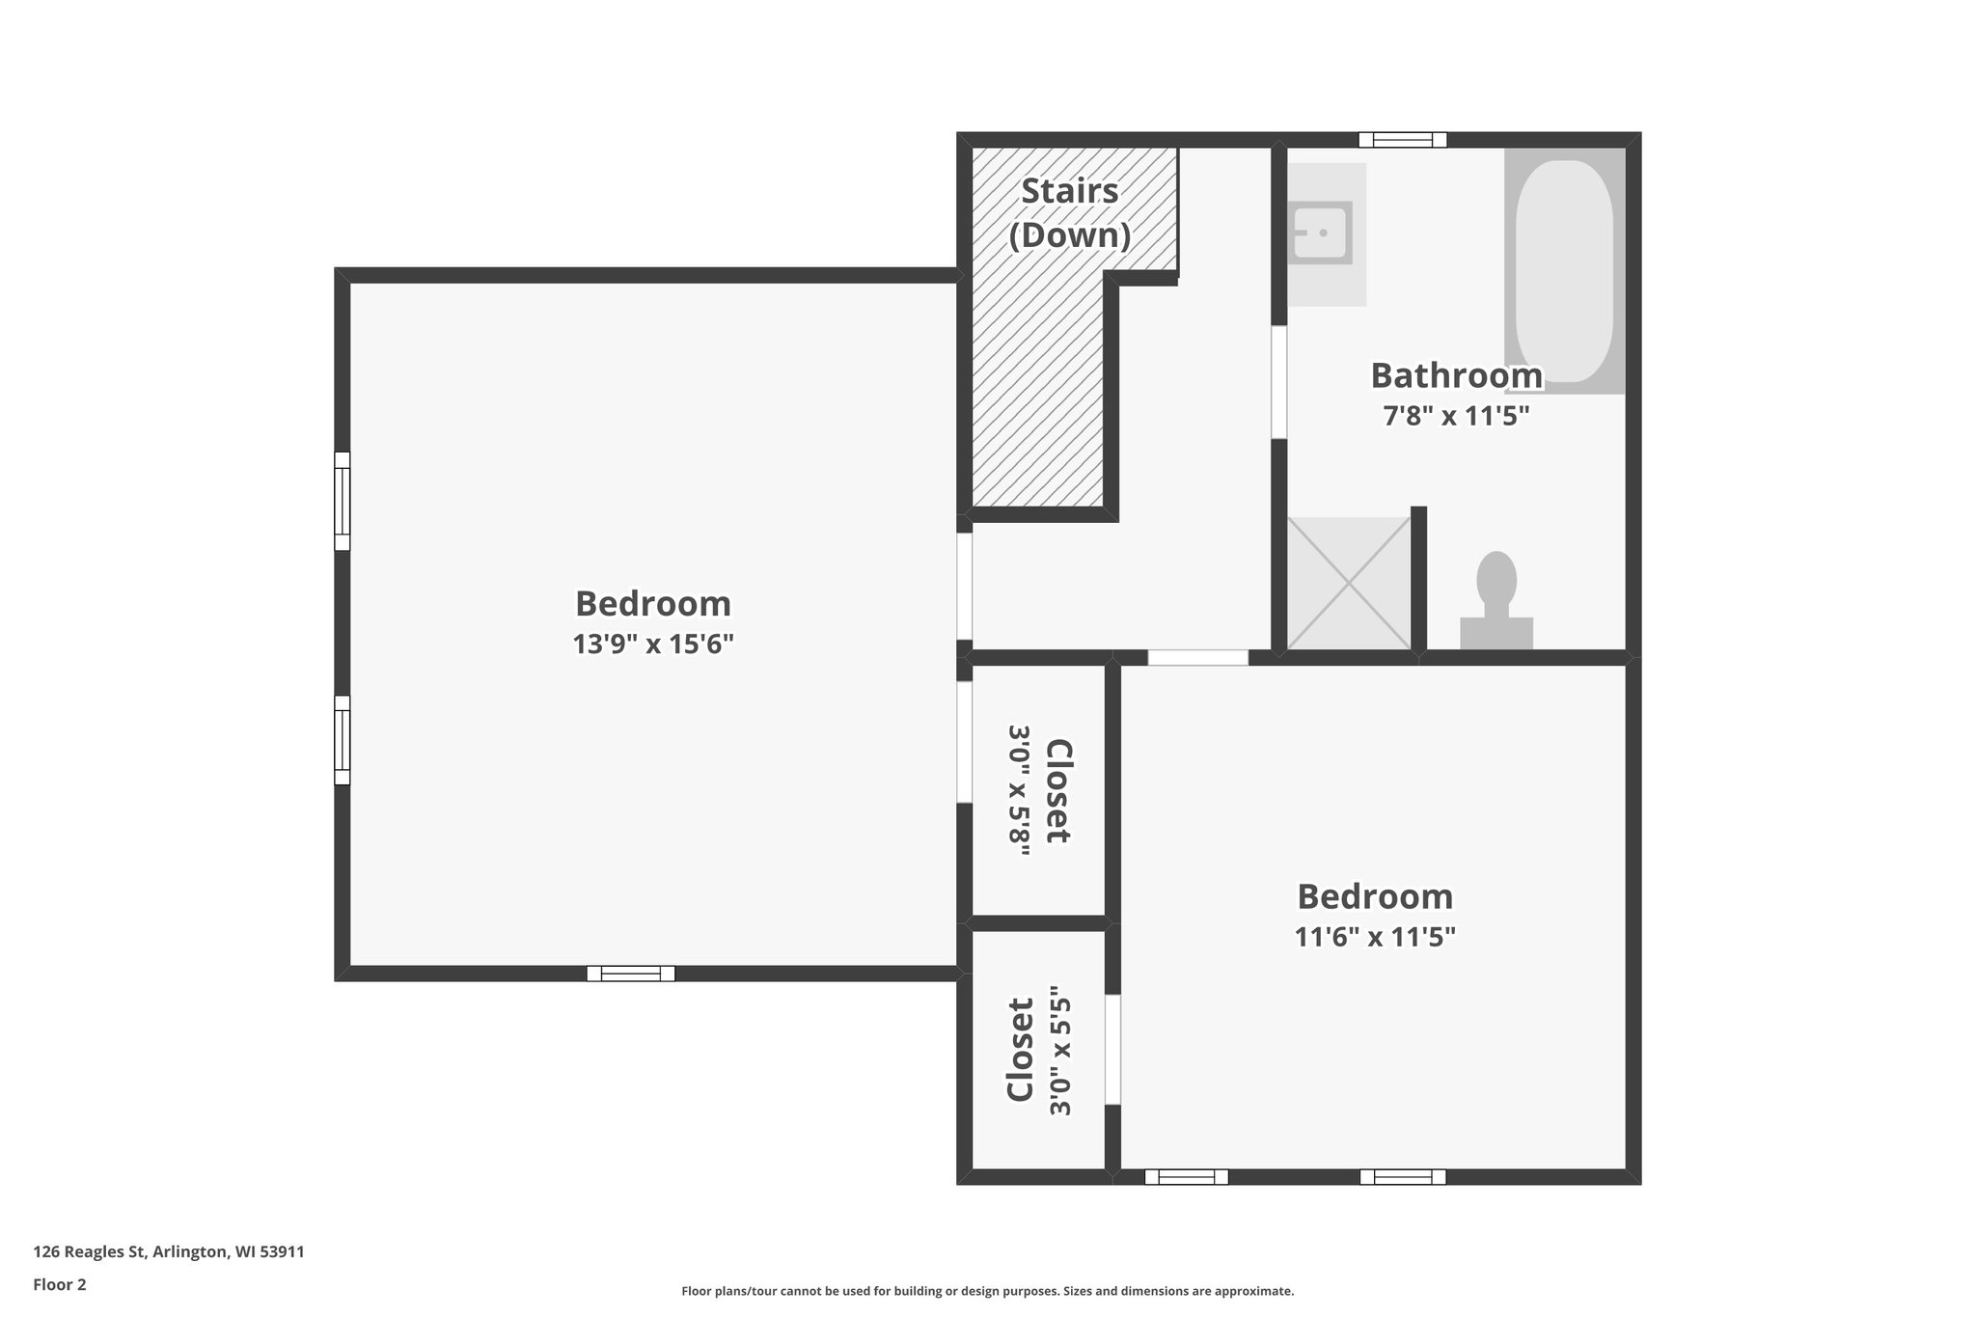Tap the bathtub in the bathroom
tap(1564, 270)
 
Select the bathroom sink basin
tap(1321, 233)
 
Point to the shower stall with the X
tap(1349, 583)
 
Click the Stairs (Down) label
tap(1069, 213)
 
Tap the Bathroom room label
tap(1456, 375)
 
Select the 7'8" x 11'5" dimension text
tap(1456, 416)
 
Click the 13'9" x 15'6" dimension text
tap(653, 644)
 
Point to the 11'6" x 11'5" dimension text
tap(1374, 936)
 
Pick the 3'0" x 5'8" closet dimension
tap(1020, 790)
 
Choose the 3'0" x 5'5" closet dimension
tap(1060, 1050)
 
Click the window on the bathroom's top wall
tap(1402, 140)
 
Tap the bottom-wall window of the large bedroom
tap(630, 974)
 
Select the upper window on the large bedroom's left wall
tap(342, 501)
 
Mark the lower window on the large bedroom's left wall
tap(342, 739)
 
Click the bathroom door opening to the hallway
tap(1278, 383)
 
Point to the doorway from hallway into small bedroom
tap(1197, 657)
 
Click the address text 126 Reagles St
tap(169, 1251)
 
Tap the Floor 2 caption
tap(60, 1284)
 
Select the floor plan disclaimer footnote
tap(987, 1291)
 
